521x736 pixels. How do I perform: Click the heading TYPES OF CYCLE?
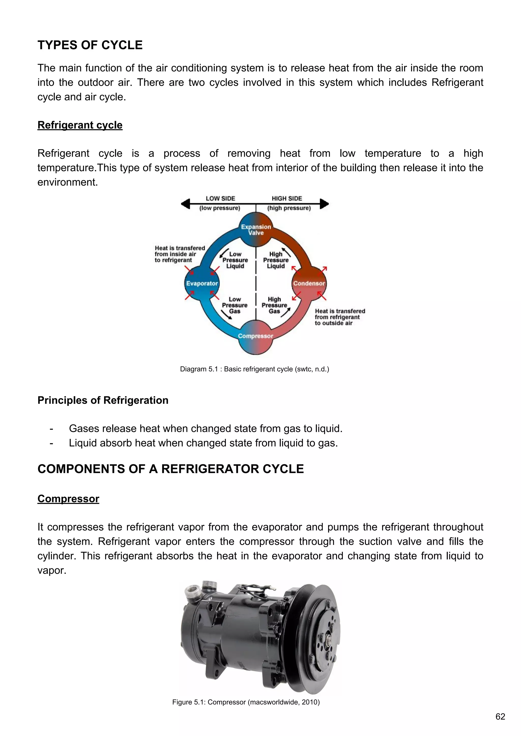pos(90,45)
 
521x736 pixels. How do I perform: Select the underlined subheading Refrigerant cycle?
pos(80,125)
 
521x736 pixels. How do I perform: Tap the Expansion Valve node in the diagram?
pos(256,230)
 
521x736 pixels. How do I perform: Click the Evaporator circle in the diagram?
pos(202,283)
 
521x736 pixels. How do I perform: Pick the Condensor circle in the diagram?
pos(309,283)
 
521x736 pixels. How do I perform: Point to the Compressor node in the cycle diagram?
pos(256,337)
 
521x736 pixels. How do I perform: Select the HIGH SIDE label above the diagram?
pos(287,198)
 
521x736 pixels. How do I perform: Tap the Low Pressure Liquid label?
pos(235,260)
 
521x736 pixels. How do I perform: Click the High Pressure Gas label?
pos(274,305)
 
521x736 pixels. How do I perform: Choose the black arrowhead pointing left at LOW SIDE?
pos(185,204)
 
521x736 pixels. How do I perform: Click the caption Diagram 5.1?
pos(254,369)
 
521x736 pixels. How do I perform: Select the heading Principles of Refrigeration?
pos(103,400)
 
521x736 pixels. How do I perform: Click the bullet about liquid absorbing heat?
pos(204,443)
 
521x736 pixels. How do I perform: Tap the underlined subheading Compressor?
pos(68,499)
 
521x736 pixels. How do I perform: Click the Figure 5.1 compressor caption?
pos(246,702)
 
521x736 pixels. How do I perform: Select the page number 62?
pos(500,716)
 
